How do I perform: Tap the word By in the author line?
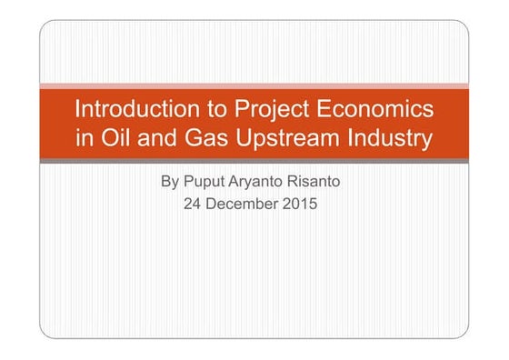169,182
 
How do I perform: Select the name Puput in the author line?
205,183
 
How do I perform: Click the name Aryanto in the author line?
263,183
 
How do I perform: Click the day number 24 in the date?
193,205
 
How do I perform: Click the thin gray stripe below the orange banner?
254,160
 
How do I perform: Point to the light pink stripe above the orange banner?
254,86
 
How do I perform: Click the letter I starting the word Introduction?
76,110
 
